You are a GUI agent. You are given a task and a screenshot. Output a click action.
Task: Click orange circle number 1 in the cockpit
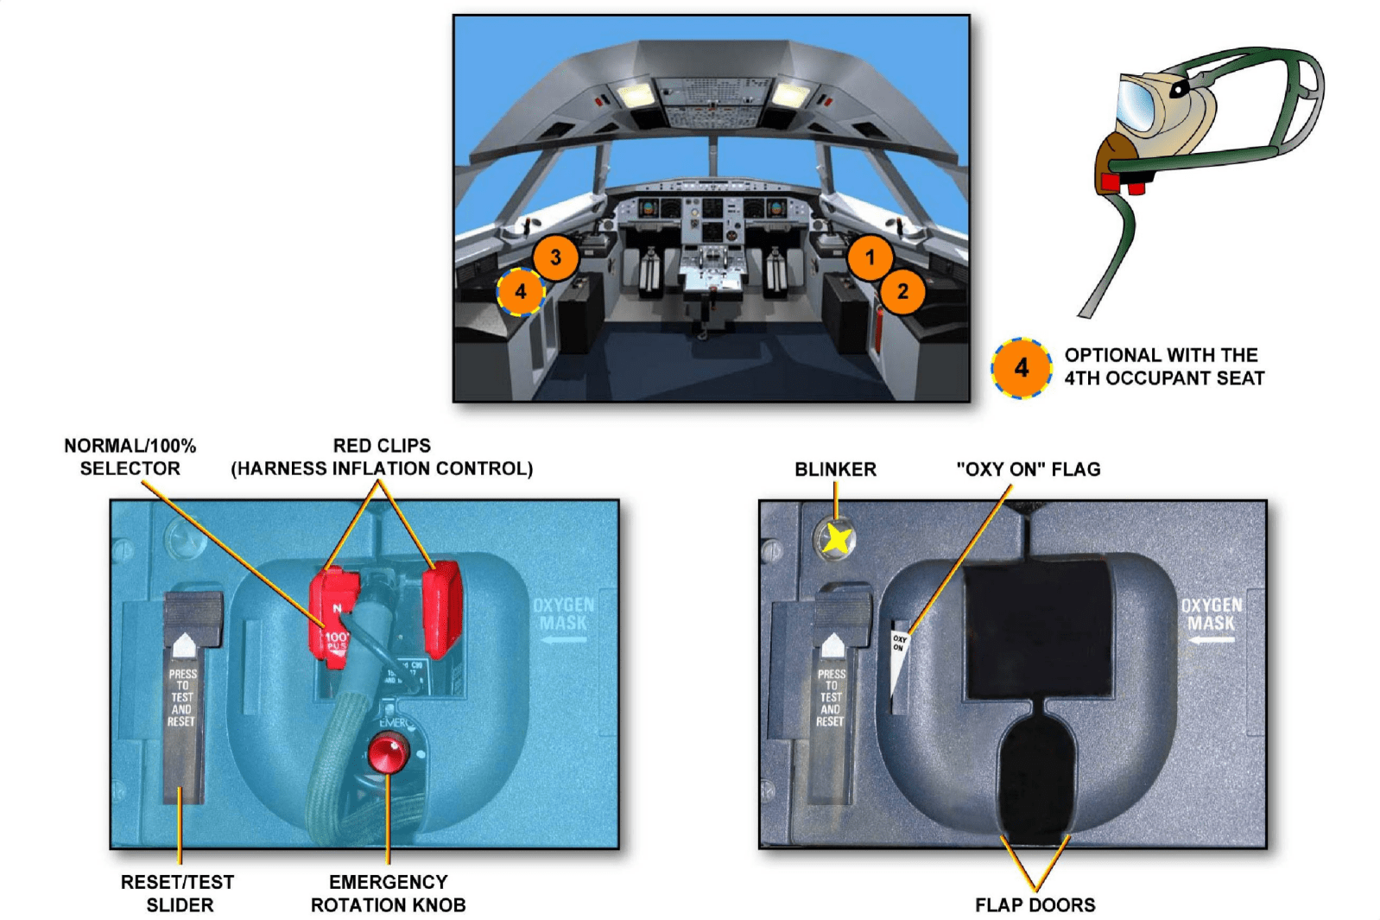(x=870, y=257)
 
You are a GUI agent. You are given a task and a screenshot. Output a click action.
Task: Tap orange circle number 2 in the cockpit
(x=902, y=291)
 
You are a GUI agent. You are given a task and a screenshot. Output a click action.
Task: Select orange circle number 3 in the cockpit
(x=555, y=257)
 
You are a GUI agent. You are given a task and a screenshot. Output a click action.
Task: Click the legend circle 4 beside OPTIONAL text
(x=1021, y=368)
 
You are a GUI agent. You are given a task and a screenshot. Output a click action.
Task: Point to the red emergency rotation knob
(x=388, y=752)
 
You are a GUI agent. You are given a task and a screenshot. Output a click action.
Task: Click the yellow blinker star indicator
(x=836, y=539)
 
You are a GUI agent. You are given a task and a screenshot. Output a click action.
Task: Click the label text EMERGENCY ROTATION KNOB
(x=388, y=893)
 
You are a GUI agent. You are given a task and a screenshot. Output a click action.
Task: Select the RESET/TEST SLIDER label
(x=178, y=893)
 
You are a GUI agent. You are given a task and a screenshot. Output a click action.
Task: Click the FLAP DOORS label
(x=1035, y=904)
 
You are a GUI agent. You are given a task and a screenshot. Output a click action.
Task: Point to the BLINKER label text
(x=835, y=469)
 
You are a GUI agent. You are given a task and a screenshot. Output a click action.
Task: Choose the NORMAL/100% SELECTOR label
(x=130, y=457)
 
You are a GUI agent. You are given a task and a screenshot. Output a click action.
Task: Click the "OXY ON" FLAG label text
(x=1028, y=469)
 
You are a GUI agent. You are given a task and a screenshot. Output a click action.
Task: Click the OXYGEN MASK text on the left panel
(x=563, y=613)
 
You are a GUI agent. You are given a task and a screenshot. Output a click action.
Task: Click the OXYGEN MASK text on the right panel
(x=1211, y=613)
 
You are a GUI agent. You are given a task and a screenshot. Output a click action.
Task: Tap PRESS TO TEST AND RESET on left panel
(x=182, y=697)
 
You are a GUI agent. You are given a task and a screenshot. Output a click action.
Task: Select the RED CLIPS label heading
(x=382, y=446)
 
